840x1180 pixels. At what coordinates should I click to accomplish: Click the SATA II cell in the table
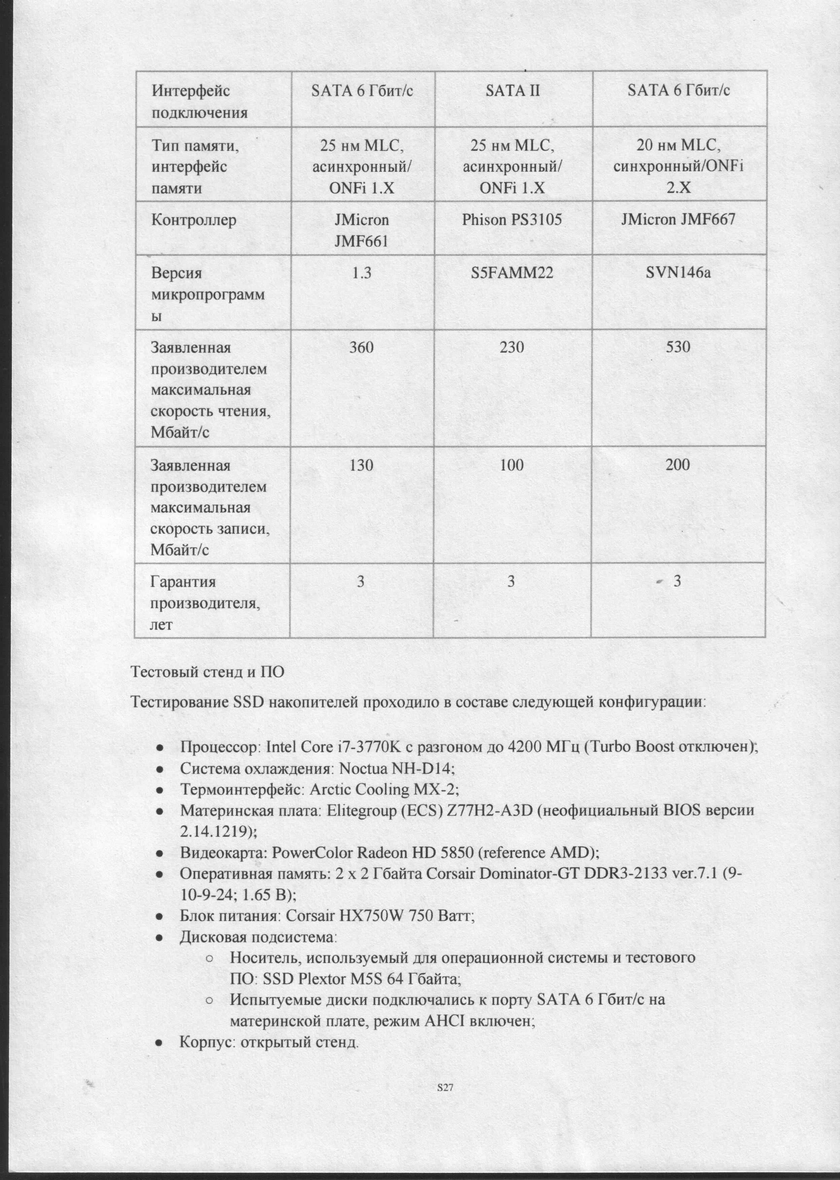coord(513,91)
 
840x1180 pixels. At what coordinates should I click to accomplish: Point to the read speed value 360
coord(361,347)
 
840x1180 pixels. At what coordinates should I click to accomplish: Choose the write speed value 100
coord(512,465)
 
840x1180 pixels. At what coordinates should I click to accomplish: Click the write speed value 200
coord(677,465)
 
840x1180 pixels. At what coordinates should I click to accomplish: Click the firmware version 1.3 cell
coord(361,273)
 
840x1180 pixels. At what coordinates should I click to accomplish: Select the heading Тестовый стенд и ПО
coord(207,672)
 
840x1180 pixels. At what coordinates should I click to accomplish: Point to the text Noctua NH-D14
coord(396,768)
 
